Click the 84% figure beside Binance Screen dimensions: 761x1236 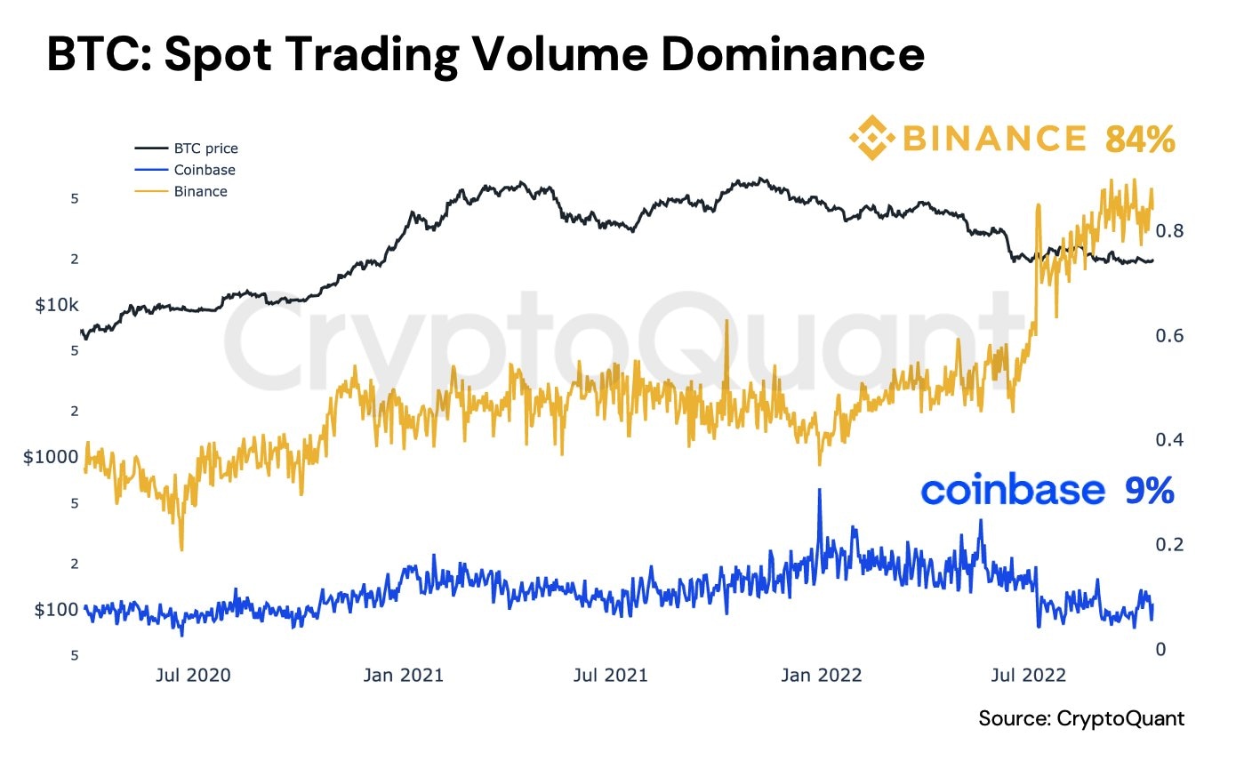(x=1140, y=139)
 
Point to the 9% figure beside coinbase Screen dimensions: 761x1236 (x=1150, y=491)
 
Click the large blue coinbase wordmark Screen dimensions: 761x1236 (x=1013, y=491)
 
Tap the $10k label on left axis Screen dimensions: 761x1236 (x=57, y=305)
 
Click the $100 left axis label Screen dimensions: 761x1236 (x=57, y=610)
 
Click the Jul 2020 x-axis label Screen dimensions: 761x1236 (x=192, y=675)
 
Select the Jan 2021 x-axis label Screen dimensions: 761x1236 (x=403, y=675)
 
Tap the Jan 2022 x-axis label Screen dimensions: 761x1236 (x=823, y=675)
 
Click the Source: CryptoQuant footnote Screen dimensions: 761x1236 (x=1081, y=718)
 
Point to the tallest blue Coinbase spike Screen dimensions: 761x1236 (x=819, y=492)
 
